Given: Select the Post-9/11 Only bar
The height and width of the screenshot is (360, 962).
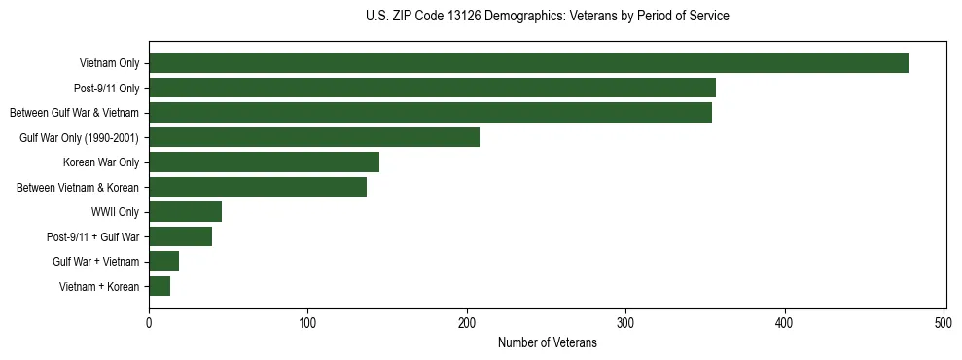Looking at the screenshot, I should pyautogui.click(x=432, y=88).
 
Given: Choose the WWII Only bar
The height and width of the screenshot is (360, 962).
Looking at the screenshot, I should pyautogui.click(x=185, y=212).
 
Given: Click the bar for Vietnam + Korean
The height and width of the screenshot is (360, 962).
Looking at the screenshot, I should pyautogui.click(x=160, y=286).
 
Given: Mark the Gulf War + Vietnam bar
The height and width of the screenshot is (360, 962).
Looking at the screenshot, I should pyautogui.click(x=163, y=262).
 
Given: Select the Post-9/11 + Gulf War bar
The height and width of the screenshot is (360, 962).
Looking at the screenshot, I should pyautogui.click(x=180, y=236).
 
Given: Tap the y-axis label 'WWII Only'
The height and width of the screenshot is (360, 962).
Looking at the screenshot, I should pyautogui.click(x=115, y=212).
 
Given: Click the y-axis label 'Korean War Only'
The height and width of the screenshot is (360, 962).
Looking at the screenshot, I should pyautogui.click(x=101, y=162).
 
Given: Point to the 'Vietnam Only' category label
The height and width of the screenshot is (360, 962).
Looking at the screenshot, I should pyautogui.click(x=109, y=63).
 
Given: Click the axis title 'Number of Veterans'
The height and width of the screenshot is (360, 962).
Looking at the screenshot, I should pyautogui.click(x=547, y=343).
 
